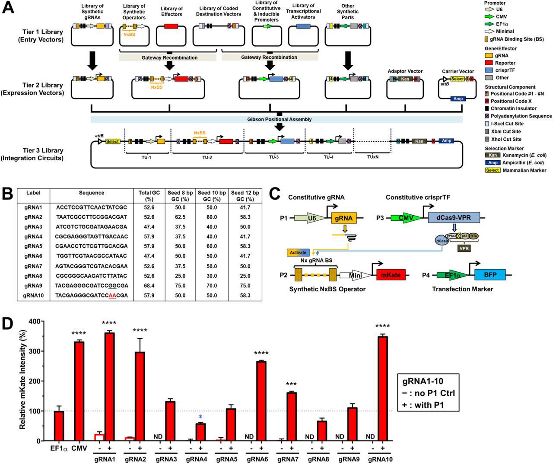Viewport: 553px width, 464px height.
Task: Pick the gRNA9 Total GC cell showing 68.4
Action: [x=149, y=286]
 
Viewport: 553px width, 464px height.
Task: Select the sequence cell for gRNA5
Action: [x=92, y=246]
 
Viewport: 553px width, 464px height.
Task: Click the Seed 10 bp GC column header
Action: [x=212, y=196]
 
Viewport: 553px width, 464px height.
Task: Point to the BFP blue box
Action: [x=490, y=275]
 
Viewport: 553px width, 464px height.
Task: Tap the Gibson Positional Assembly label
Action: [x=277, y=119]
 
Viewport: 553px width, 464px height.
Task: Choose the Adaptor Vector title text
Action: [x=405, y=71]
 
